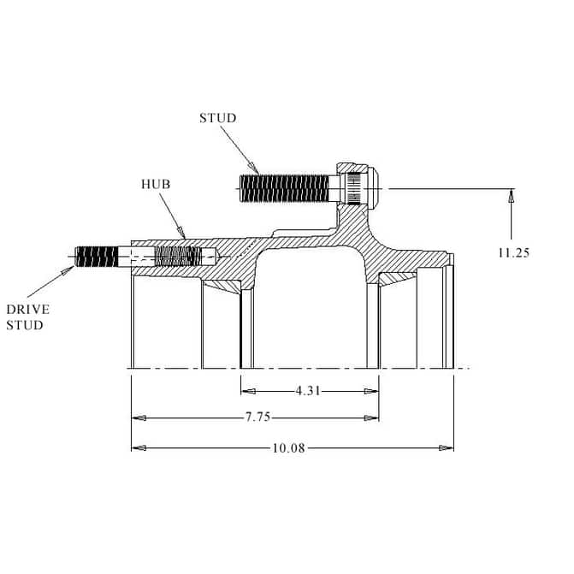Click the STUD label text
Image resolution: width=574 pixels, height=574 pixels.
tap(218, 118)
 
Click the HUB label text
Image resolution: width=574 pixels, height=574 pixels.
tap(156, 184)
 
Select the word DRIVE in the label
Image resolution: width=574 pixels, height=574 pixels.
tap(28, 310)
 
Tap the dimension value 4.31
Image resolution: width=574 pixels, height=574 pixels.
tap(308, 391)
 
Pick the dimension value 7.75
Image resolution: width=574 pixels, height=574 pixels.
tap(257, 417)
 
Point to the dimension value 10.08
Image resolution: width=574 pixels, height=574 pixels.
tap(288, 447)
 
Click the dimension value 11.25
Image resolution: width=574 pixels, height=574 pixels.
tap(513, 252)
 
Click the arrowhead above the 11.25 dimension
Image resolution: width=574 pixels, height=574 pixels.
tap(512, 196)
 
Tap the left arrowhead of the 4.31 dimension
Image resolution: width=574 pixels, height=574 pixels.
tap(248, 391)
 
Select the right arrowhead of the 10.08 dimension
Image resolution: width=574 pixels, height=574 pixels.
tap(447, 447)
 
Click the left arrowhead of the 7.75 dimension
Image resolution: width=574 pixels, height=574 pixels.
tap(139, 418)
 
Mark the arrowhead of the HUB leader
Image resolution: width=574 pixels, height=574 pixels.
tap(181, 233)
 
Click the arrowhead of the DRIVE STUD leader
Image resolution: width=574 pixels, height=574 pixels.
tap(68, 271)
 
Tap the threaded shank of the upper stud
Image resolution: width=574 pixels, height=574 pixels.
tap(285, 188)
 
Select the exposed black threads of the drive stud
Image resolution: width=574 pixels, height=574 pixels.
tap(97, 257)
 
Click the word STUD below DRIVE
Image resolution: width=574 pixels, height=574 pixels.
tap(25, 325)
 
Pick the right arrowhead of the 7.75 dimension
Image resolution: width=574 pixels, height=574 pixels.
tap(371, 418)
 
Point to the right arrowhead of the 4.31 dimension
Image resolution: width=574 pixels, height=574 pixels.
tap(371, 391)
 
